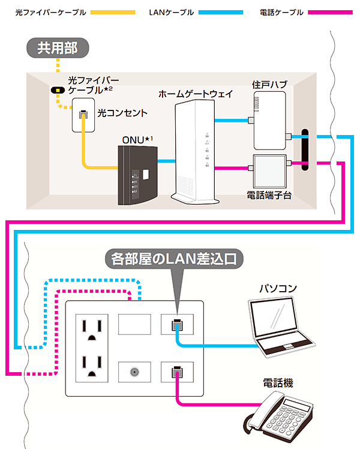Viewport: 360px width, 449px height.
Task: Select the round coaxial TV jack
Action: [134, 371]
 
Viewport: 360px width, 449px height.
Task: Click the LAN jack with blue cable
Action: [176, 326]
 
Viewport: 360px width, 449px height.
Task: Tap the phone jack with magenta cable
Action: [176, 372]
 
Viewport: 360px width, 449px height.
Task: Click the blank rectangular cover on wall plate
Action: [134, 325]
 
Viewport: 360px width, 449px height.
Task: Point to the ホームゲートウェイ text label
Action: [196, 95]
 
